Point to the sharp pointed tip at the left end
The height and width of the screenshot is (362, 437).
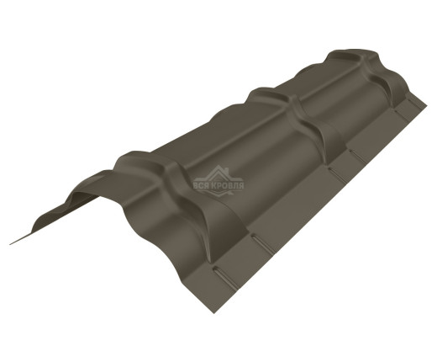12,243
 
